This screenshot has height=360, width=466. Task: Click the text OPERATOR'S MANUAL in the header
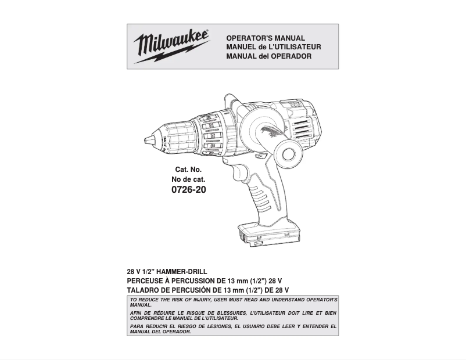[x=265, y=38]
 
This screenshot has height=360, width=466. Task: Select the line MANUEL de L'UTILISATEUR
[x=273, y=47]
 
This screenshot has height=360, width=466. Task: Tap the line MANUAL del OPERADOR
[x=268, y=56]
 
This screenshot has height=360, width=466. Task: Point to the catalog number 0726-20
[x=189, y=190]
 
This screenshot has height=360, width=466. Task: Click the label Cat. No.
[x=188, y=170]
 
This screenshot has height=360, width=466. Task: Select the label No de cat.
[x=188, y=179]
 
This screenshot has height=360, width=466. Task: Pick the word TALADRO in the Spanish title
[x=144, y=289]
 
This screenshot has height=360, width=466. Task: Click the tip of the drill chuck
[x=146, y=139]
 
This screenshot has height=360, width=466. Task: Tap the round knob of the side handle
[x=289, y=153]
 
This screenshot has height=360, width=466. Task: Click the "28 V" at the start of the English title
[x=134, y=272]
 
